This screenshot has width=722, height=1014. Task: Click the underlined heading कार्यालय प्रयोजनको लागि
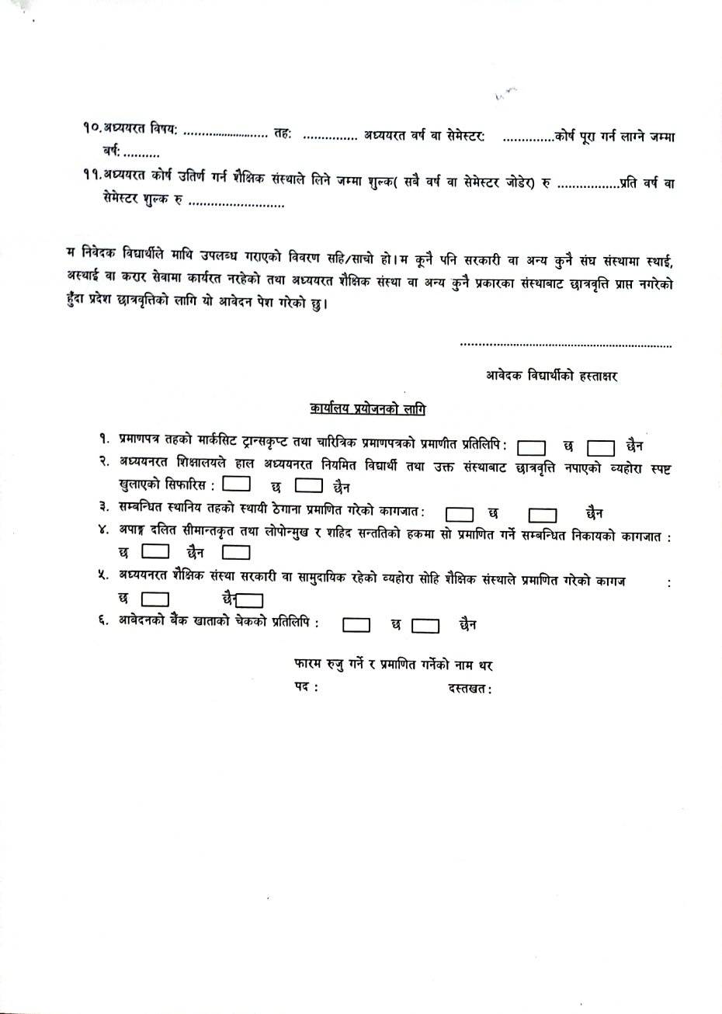(367, 408)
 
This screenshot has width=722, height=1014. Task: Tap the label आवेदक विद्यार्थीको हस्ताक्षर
(551, 376)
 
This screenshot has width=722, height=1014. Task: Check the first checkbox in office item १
(531, 447)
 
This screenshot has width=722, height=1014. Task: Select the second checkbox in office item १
(601, 448)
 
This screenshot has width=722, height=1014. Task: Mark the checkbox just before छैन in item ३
(543, 514)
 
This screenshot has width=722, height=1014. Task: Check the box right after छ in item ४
(156, 553)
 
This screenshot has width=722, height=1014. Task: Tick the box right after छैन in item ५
(250, 600)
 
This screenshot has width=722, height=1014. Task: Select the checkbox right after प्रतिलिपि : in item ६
(356, 624)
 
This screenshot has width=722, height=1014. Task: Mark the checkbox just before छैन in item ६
(425, 625)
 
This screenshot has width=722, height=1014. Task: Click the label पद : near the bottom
(306, 688)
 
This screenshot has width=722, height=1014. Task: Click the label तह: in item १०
(283, 136)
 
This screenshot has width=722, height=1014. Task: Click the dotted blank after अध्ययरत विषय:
(224, 136)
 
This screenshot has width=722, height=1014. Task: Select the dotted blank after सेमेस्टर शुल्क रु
(236, 205)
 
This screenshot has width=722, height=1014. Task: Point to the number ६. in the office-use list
(102, 623)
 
